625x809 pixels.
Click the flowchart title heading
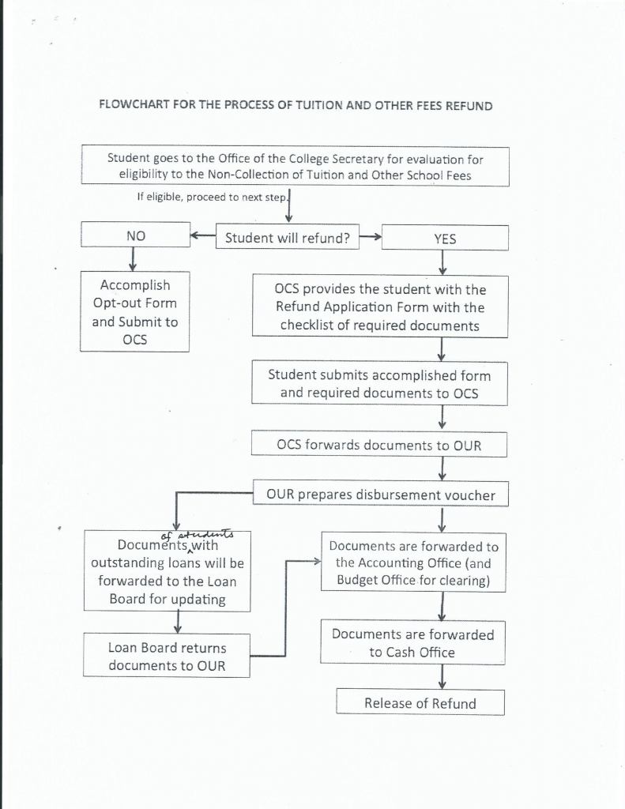295,106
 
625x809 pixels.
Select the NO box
135,237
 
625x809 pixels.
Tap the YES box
444,239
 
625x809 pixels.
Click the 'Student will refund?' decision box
288,237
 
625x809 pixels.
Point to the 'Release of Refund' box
420,702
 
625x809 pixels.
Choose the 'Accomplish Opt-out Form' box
134,312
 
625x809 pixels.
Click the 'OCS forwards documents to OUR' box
379,445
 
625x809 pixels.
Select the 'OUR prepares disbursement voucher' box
381,495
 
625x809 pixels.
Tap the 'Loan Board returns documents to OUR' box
167,656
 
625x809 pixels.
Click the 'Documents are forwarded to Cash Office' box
412,643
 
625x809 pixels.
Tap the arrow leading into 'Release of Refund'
442,676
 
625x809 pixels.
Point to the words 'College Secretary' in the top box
345,159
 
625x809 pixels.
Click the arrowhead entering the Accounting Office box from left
315,563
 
